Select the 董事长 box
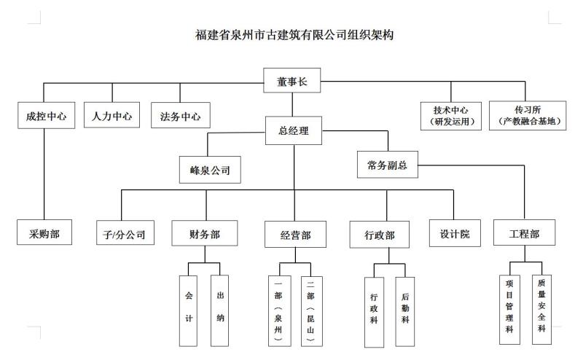pos(292,82)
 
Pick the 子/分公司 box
pos(125,234)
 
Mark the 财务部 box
pos(205,234)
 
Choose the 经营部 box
pos(295,235)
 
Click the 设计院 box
pos(455,233)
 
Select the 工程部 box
pos(525,234)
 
